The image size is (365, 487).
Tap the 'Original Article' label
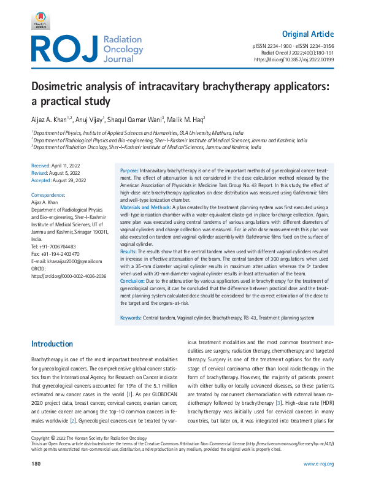coord(308,34)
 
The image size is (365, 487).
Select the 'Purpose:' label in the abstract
coord(129,169)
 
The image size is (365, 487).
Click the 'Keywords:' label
coord(130,318)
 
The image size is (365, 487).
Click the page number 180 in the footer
coord(36,464)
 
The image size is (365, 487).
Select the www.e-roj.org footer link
coord(318,464)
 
